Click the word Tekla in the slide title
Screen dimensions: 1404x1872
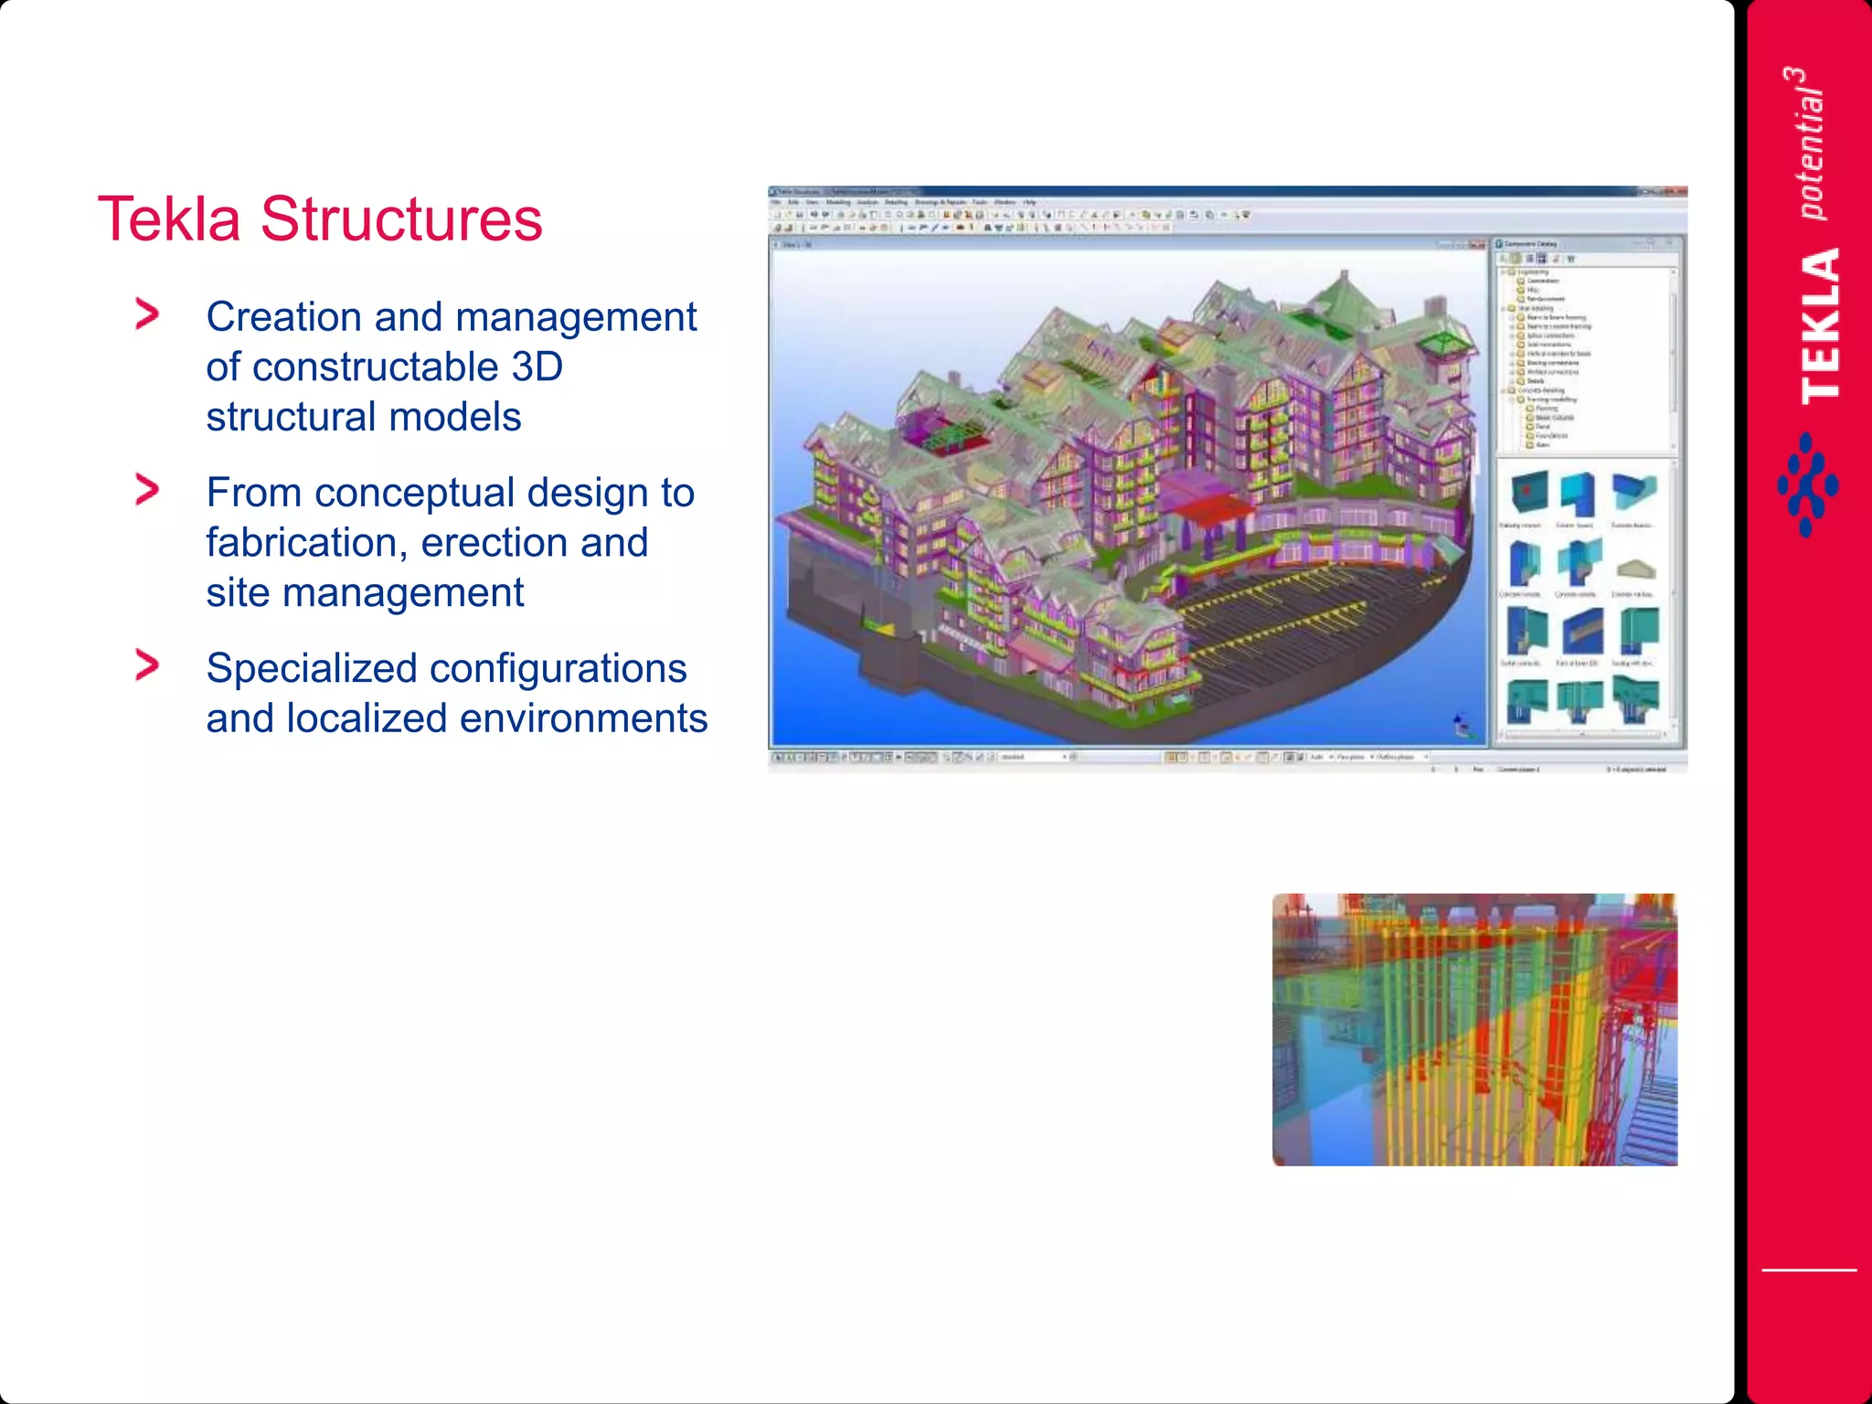point(169,219)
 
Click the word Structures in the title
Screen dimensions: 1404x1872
point(401,219)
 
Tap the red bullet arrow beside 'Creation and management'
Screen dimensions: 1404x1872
point(146,314)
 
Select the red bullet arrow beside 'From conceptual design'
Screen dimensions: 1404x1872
point(146,490)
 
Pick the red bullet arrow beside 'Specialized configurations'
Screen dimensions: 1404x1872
point(146,665)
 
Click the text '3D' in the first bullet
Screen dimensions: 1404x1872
point(537,367)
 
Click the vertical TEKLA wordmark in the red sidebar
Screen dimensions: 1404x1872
point(1820,325)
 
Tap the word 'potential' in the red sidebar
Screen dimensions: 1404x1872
point(1811,155)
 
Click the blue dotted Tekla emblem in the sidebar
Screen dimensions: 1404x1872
point(1807,485)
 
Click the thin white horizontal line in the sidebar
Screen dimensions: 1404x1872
point(1809,1270)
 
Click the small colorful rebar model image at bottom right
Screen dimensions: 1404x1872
point(1474,1029)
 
